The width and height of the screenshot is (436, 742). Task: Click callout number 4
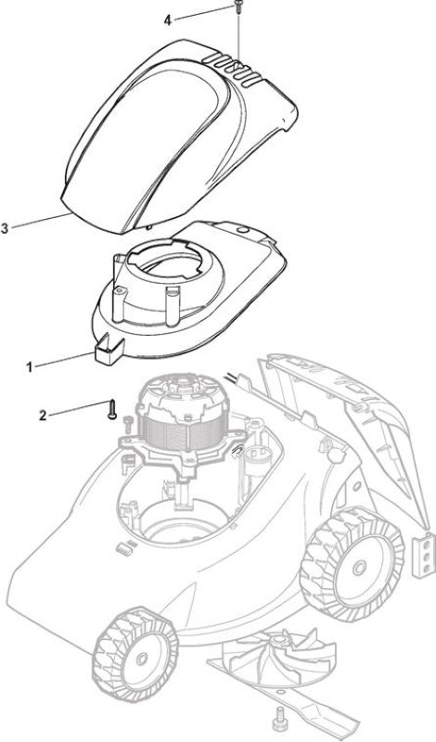click(167, 20)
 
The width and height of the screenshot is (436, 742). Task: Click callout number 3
click(5, 228)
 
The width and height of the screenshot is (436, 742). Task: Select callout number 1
click(30, 366)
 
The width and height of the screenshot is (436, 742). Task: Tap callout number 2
click(43, 416)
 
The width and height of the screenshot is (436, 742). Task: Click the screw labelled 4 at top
click(237, 6)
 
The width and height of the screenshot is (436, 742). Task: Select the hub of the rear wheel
click(358, 567)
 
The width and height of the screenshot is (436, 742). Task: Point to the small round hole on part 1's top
click(243, 230)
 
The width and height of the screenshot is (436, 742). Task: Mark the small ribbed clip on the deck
click(124, 547)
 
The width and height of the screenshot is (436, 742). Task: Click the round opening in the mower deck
click(181, 524)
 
